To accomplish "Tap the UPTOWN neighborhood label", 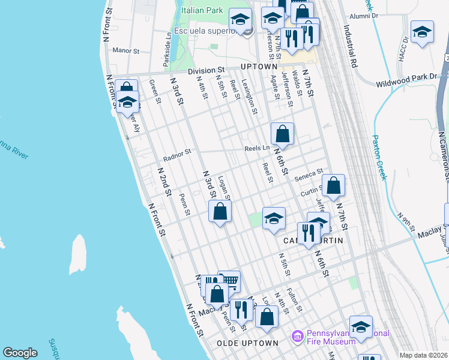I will tap(259, 67).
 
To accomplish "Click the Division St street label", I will tap(206, 71).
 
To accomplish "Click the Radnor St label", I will tap(176, 155).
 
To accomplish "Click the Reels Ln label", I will tap(257, 148).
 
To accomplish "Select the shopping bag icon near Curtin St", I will tap(334, 185).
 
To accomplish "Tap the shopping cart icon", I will tap(229, 281).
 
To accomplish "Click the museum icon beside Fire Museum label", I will tap(296, 337).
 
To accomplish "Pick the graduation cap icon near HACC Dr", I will tap(422, 32).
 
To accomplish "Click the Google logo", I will tap(20, 353).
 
